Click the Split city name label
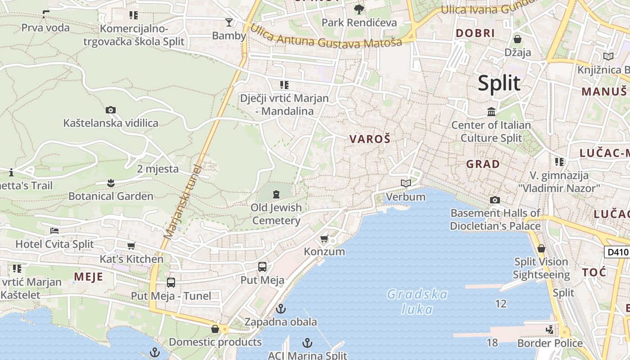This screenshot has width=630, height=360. coord(499,83)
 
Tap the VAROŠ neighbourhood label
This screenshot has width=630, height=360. coord(369,139)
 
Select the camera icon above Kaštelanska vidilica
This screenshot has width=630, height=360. coord(111,110)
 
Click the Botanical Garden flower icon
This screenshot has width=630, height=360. coord(111,183)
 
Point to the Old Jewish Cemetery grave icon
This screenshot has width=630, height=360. coord(276,194)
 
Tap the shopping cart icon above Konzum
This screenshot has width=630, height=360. coord(324,238)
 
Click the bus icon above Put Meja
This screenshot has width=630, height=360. coord(262,267)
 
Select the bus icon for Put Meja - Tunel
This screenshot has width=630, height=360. coord(171,283)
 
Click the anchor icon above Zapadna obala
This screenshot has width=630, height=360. coord(281,309)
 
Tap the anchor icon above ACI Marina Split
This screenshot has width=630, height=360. coord(307,343)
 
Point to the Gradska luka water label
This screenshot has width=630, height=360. coord(417,301)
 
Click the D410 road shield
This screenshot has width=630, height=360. coord(616,252)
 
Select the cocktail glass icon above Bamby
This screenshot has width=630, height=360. coord(229,22)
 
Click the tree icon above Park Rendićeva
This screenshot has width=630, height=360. coord(359,9)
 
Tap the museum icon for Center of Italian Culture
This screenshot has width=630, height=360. coord(491,112)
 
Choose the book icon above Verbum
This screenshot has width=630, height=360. coord(406,184)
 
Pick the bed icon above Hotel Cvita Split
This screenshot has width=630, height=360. coord(54,231)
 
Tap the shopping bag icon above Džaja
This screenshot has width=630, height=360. coord(517,39)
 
